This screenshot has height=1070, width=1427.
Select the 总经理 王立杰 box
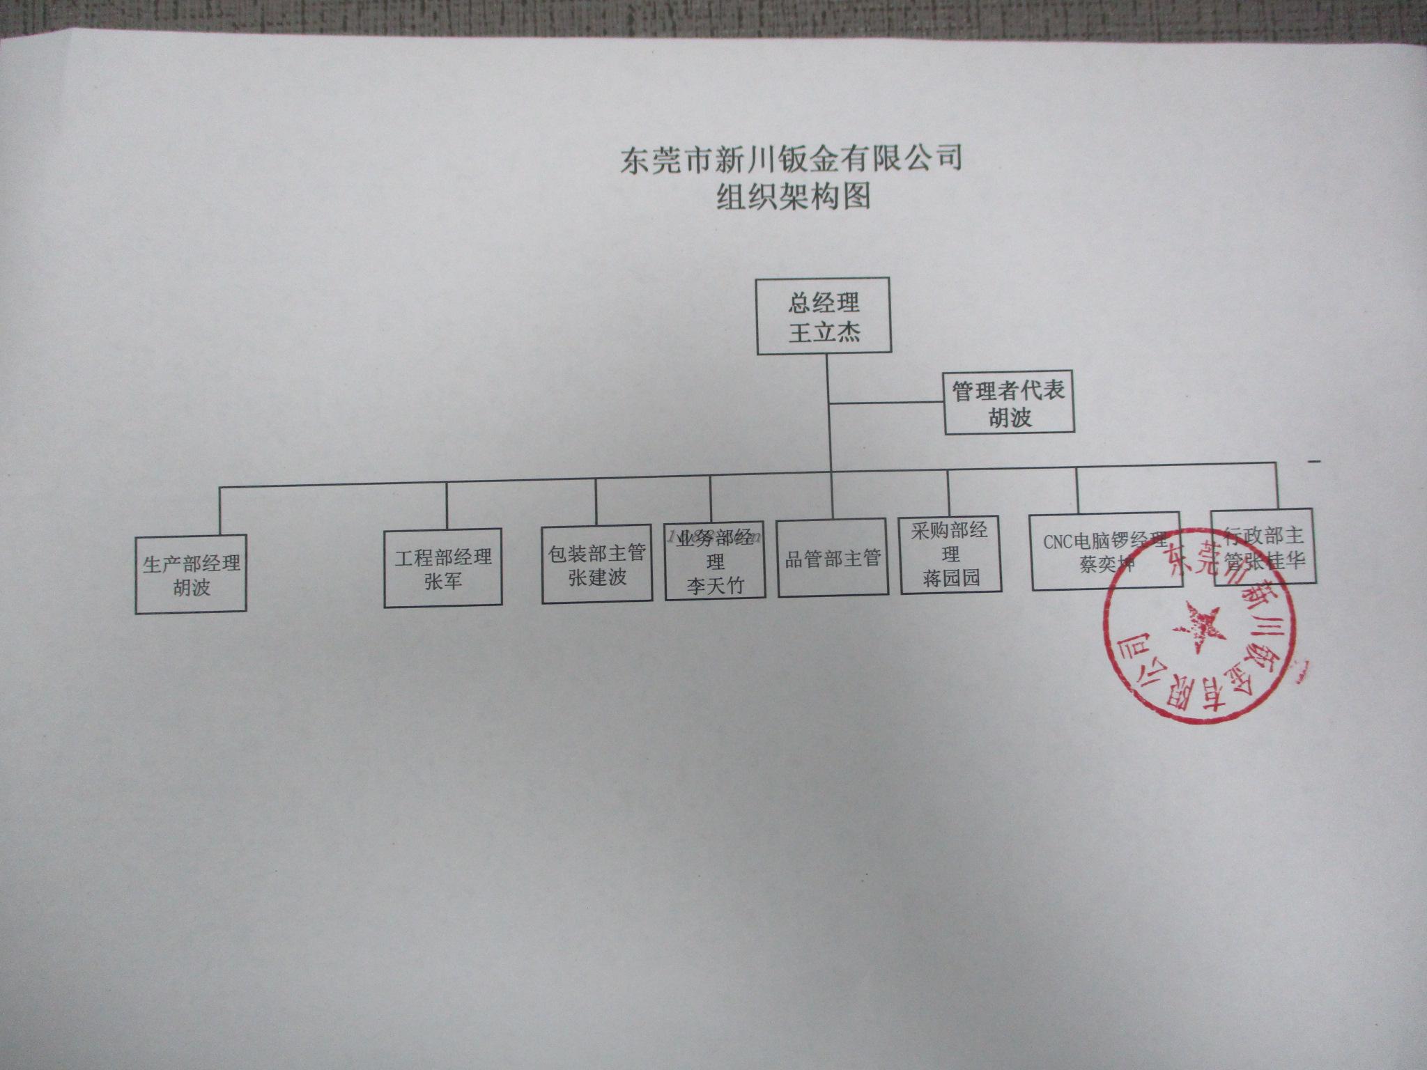coord(824,316)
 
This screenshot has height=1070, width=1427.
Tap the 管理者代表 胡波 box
coord(1008,403)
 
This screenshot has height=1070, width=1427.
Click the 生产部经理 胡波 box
coord(191,574)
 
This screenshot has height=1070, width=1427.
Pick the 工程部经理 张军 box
coord(443,568)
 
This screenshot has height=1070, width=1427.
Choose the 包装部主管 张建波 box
coord(597,564)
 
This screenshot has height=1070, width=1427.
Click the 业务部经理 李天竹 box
coord(715,561)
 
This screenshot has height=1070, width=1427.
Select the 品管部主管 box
coord(833,558)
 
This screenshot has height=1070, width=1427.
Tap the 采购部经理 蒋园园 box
coord(951,555)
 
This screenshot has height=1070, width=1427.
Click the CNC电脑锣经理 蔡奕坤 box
coord(1106,550)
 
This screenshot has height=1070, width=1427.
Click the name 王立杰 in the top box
coord(824,332)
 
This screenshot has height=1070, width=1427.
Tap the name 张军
coord(443,580)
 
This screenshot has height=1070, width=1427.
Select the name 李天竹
coord(715,584)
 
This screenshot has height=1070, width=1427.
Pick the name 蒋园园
coord(951,577)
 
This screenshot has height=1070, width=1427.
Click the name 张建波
coord(597,577)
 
